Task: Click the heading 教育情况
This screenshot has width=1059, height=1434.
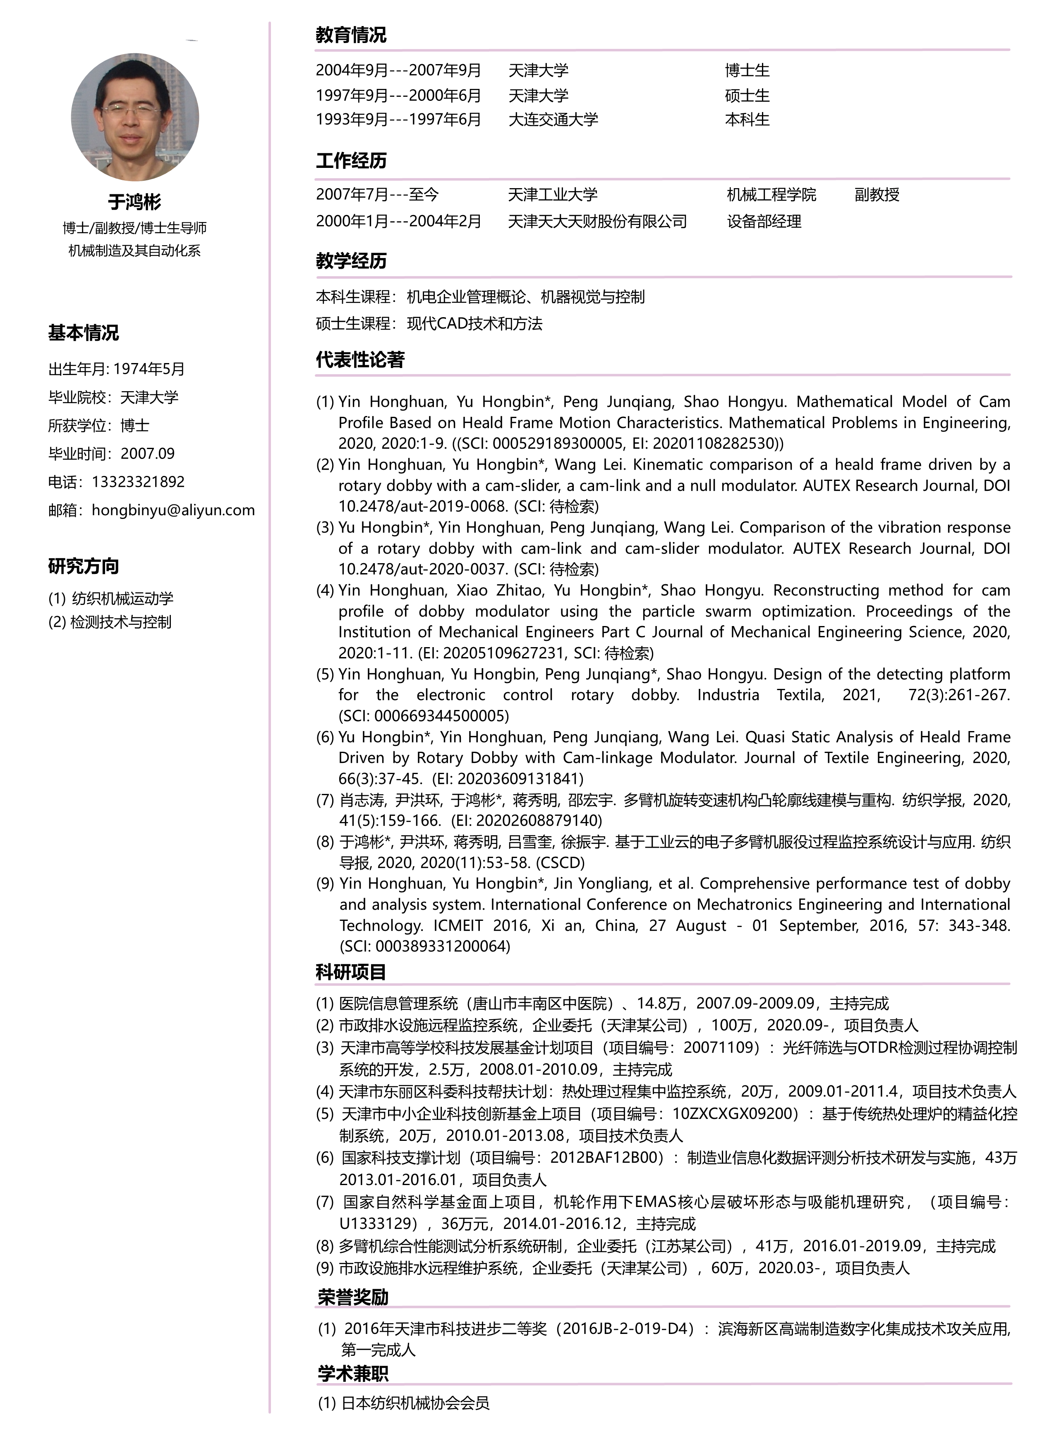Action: tap(351, 35)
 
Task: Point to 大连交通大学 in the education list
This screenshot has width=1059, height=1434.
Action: tap(553, 120)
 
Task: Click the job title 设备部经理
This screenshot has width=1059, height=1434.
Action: tap(764, 222)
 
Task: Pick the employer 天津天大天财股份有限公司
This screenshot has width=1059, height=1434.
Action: tap(597, 222)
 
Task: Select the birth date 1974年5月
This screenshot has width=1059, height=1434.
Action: tap(149, 369)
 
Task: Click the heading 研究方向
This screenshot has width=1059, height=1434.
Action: tap(83, 566)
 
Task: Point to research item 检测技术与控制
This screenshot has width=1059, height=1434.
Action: tap(120, 622)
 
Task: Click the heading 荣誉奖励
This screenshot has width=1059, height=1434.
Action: tap(353, 1298)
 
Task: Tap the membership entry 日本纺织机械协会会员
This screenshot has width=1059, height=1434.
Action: tap(415, 1403)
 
